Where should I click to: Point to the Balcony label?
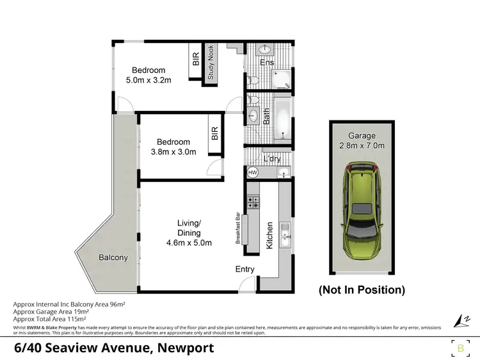tap(113, 258)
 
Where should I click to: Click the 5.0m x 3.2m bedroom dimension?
tap(148, 81)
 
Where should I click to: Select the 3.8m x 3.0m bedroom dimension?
tap(173, 152)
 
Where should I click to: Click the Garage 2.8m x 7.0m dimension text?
tap(362, 145)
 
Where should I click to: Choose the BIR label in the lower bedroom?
tap(214, 133)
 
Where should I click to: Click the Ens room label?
tap(267, 63)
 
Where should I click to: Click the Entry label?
tap(244, 269)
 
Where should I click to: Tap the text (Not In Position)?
tap(362, 290)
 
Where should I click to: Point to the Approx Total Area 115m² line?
tap(49, 318)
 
